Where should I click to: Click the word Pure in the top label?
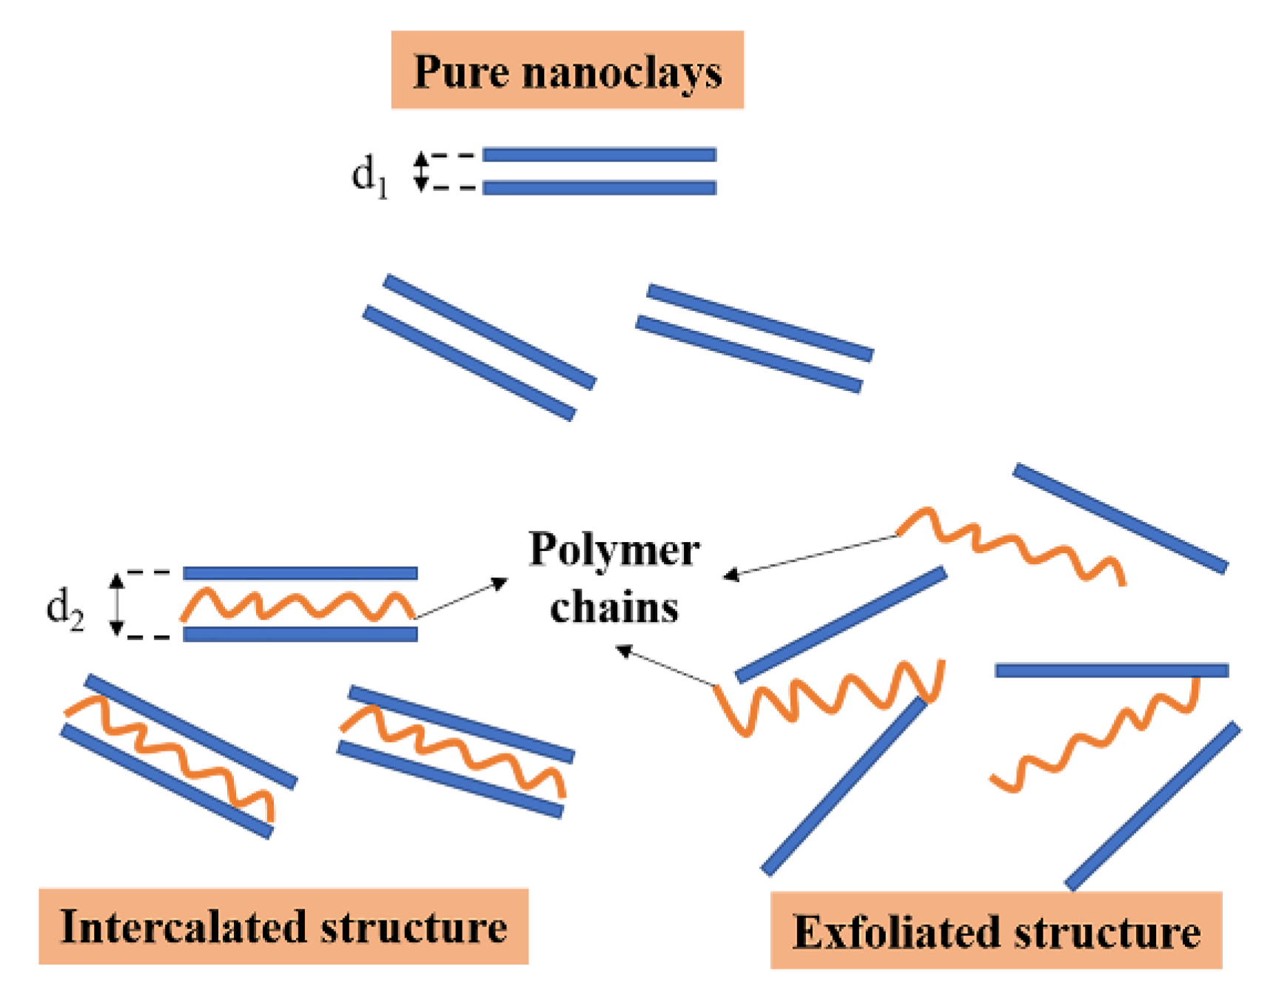click(x=460, y=73)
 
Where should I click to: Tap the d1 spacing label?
click(x=369, y=176)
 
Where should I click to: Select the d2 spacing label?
click(x=65, y=609)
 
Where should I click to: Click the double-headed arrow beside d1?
click(x=420, y=172)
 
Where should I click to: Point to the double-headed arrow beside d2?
click(x=116, y=604)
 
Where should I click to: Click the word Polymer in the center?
click(x=614, y=551)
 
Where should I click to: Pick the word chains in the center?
click(x=614, y=609)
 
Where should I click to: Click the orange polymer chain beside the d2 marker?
click(x=296, y=606)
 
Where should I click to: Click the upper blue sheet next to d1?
click(x=599, y=155)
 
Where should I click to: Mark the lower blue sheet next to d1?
click(x=599, y=188)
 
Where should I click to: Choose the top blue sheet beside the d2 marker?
click(x=300, y=573)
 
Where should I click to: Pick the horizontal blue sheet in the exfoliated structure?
click(x=1111, y=671)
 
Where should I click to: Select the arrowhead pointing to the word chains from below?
click(x=624, y=650)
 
